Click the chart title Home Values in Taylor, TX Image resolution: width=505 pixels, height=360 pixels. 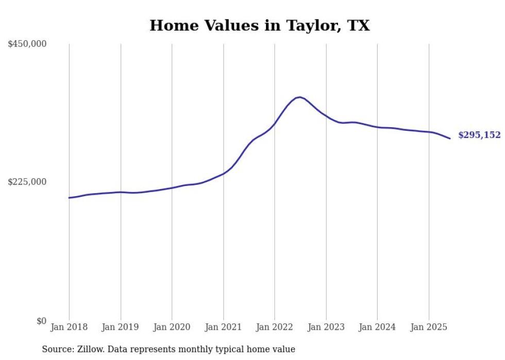tap(259, 26)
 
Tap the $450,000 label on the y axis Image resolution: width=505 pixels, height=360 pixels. tap(27, 44)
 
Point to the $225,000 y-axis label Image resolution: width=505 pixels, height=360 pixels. tap(27, 182)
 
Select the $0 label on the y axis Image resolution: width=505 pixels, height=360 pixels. tap(41, 321)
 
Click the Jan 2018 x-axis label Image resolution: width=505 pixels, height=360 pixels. tap(69, 327)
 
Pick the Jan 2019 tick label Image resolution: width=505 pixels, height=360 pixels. tap(121, 327)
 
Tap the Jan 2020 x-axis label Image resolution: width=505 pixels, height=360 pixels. tap(172, 327)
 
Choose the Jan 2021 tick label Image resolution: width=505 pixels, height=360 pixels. tap(223, 327)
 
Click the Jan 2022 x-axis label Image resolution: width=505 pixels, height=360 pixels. tap(274, 327)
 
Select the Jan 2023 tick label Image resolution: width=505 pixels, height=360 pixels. tap(326, 327)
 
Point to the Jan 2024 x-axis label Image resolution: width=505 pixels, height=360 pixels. tap(377, 327)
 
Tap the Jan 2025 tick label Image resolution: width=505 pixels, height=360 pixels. tap(428, 327)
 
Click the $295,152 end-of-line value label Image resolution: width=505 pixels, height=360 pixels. tap(479, 135)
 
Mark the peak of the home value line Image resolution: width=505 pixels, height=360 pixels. tap(299, 97)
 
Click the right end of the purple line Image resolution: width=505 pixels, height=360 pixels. tap(450, 138)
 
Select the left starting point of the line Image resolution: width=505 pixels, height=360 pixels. tap(69, 198)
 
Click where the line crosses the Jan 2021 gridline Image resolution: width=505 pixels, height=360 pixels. tap(224, 173)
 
